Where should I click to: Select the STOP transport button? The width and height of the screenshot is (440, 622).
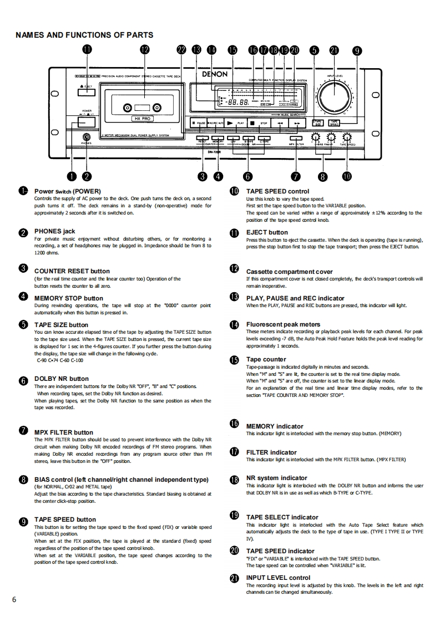[259, 123]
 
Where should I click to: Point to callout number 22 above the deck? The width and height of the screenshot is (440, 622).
[181, 49]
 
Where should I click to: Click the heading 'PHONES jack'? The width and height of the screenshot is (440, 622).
[54, 231]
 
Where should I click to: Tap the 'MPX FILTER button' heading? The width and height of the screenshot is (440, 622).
[64, 432]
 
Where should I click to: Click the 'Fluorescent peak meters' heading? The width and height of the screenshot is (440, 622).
[283, 324]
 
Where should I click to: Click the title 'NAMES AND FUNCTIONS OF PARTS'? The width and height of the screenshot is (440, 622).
[84, 35]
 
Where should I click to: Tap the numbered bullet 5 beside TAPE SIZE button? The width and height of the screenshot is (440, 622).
[23, 324]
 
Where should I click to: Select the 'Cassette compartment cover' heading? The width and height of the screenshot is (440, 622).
[289, 272]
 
